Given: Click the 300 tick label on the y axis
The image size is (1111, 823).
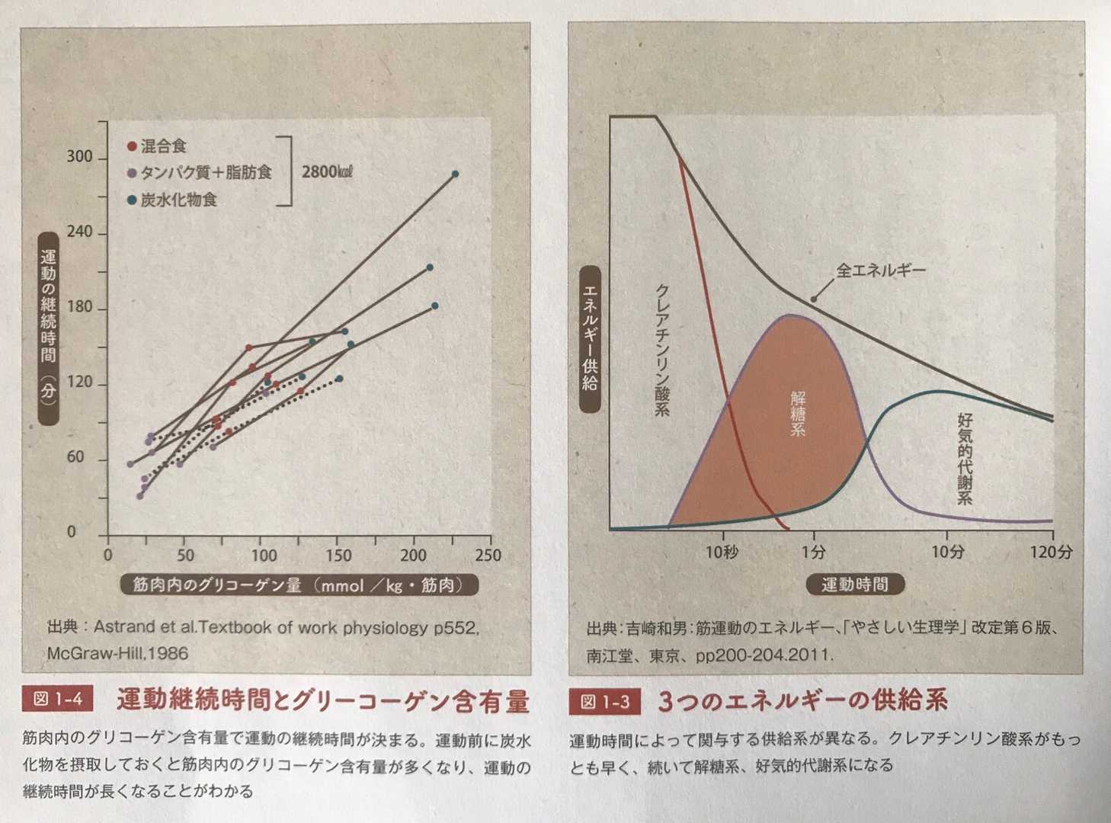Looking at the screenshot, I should click(x=79, y=157).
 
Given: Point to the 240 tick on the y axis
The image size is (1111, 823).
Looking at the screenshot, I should click(x=79, y=232).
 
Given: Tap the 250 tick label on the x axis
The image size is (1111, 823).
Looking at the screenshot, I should click(x=488, y=556).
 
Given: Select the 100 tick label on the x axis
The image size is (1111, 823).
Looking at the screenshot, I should click(x=264, y=556).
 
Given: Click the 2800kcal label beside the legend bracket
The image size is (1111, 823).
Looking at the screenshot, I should click(x=327, y=171).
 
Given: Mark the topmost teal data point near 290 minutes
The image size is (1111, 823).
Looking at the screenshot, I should click(x=455, y=175).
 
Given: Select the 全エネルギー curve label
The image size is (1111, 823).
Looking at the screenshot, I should click(x=881, y=271).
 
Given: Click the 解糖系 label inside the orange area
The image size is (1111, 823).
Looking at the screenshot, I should click(x=798, y=413).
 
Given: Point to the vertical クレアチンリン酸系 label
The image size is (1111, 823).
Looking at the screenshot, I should click(x=662, y=351).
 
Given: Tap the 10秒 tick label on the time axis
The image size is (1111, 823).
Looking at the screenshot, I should click(x=721, y=552).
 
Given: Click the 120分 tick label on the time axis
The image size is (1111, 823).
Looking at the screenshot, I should click(x=1050, y=552).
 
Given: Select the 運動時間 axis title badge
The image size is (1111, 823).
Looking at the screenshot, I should click(x=854, y=585).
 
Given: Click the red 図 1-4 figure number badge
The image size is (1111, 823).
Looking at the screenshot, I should click(x=58, y=700).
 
